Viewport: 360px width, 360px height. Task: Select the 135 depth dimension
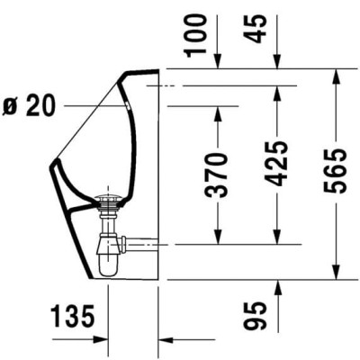coord(73,316)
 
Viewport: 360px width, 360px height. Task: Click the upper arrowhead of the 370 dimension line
coord(217,112)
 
